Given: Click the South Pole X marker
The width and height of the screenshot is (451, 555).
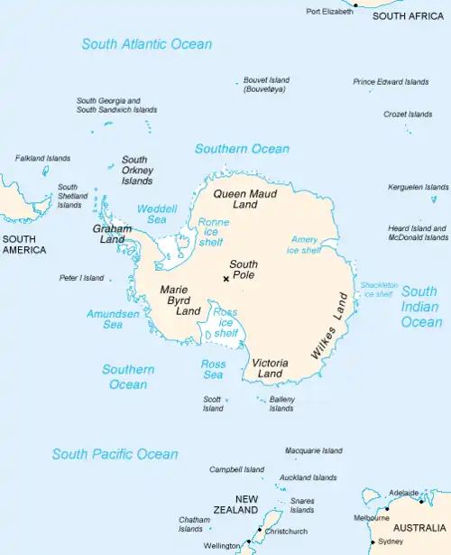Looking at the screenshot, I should click(x=225, y=279).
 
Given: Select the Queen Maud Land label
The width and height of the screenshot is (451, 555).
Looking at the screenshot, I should click(x=244, y=199).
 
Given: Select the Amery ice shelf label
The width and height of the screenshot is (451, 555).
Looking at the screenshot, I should click(x=304, y=245).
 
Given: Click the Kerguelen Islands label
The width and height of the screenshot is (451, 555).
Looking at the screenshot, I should click(x=418, y=187).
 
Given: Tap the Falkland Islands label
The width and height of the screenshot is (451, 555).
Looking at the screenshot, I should click(x=42, y=158).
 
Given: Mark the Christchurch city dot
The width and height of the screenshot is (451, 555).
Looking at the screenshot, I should click(x=260, y=530).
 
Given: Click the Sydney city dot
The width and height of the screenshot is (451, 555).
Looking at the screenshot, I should click(x=373, y=541).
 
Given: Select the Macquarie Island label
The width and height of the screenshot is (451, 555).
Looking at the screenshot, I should click(x=313, y=450).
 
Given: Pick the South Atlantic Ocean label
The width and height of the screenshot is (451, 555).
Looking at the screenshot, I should click(x=146, y=44).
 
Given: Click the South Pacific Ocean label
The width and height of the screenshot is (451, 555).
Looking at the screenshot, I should click(x=115, y=454).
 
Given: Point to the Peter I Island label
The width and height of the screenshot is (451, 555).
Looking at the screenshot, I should click(x=81, y=278).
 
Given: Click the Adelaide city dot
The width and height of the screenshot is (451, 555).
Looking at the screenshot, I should click(x=420, y=494).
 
